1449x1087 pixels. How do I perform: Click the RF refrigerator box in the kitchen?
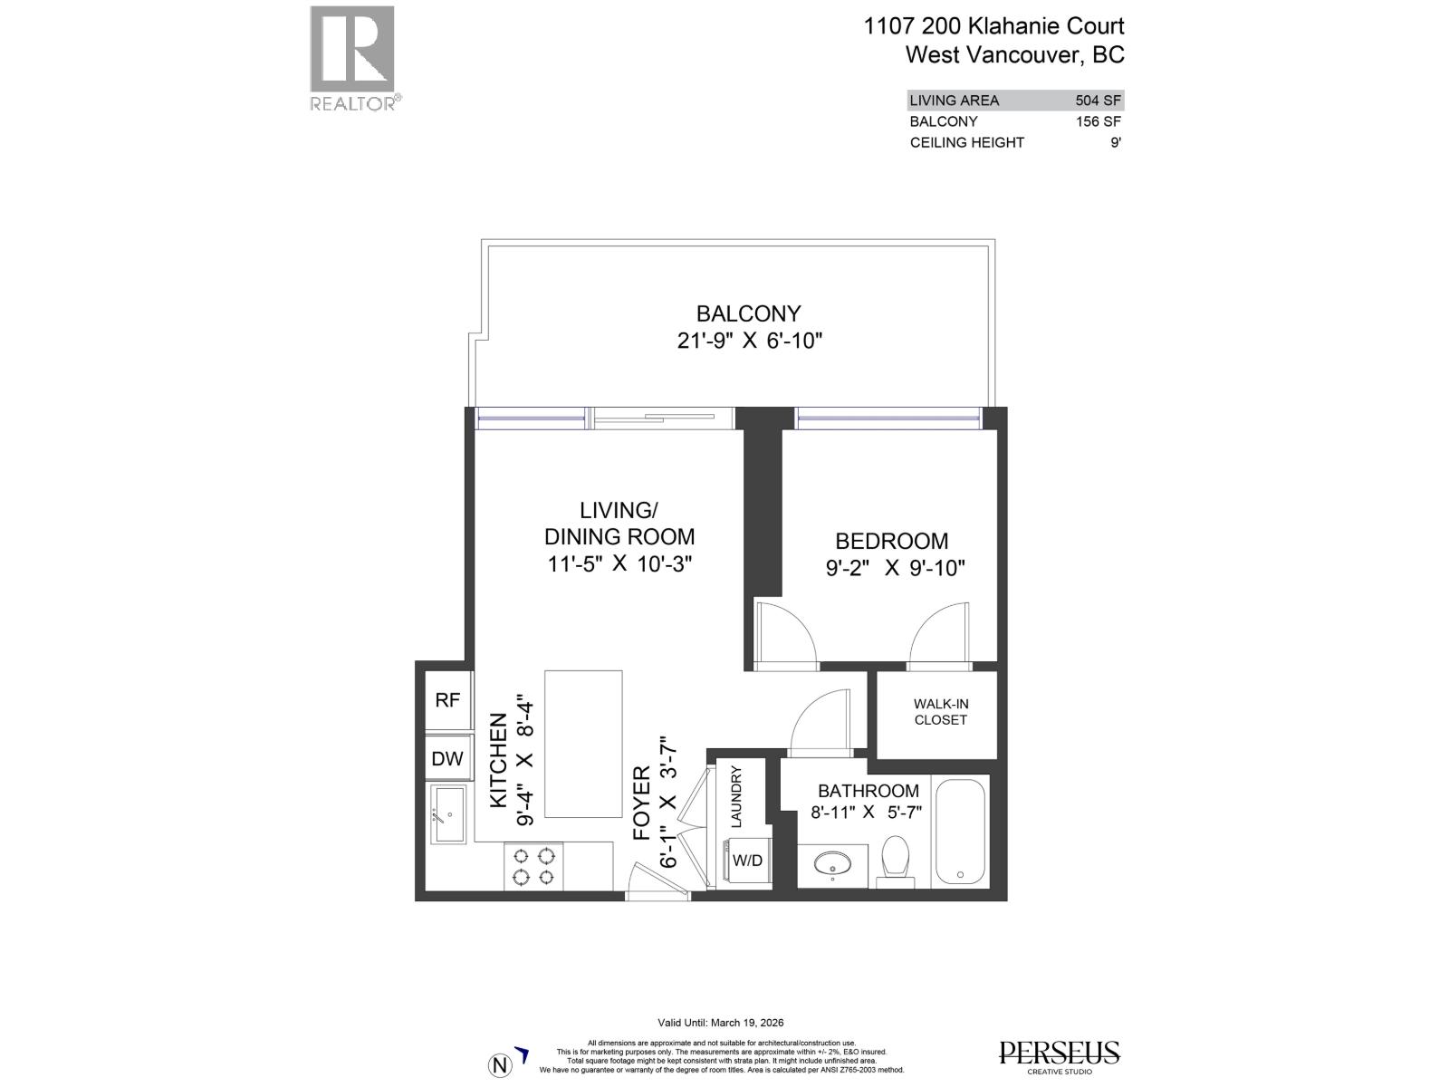(x=447, y=700)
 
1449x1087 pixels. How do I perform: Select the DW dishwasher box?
(x=447, y=759)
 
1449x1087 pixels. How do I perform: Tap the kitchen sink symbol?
(x=448, y=814)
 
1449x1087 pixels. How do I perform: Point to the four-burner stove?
(x=534, y=866)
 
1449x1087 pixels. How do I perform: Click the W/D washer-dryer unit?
(x=747, y=861)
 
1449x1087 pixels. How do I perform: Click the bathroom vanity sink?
(x=832, y=864)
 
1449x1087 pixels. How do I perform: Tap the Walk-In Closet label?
(x=940, y=712)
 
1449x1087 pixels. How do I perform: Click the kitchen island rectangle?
(x=583, y=745)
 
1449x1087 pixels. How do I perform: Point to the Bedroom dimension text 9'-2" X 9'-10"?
(x=895, y=569)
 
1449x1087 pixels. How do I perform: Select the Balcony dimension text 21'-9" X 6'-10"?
(x=749, y=341)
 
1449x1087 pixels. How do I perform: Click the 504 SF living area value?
(x=1099, y=101)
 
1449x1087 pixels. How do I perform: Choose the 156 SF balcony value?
(x=1099, y=121)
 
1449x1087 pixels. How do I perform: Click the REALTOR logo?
(x=352, y=58)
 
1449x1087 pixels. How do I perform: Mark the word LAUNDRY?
(x=736, y=796)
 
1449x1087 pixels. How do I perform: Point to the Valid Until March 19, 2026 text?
(x=721, y=1023)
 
